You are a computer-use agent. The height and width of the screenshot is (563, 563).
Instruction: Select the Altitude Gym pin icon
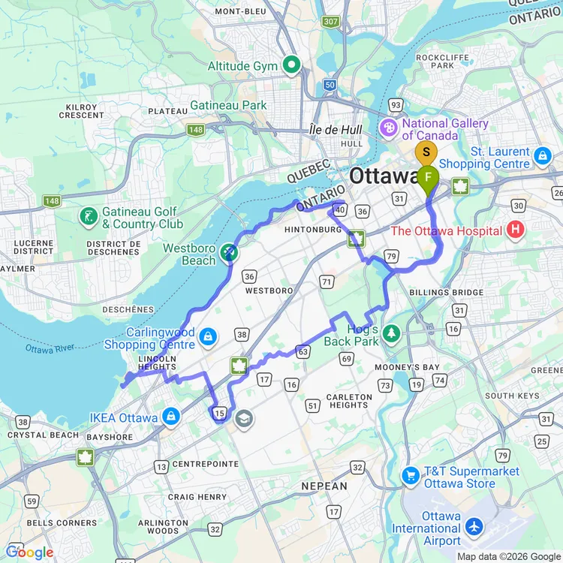click(291, 65)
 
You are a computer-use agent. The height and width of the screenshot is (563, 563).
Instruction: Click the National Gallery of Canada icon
click(389, 128)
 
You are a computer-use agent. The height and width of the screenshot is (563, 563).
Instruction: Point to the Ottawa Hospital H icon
click(515, 230)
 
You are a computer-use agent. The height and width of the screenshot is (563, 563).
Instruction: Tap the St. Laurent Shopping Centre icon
click(543, 157)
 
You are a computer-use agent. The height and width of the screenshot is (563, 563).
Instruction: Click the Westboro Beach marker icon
click(229, 254)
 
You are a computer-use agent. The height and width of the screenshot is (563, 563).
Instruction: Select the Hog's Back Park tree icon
click(390, 331)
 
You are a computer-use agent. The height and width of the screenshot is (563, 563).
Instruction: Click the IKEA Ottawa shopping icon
click(171, 417)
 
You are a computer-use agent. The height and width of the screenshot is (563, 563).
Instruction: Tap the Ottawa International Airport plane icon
click(474, 528)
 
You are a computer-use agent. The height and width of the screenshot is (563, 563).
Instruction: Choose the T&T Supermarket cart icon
click(410, 476)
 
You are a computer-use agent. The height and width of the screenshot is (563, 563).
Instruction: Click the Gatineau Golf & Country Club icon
click(89, 218)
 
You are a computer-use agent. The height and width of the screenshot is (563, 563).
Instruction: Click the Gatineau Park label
click(228, 106)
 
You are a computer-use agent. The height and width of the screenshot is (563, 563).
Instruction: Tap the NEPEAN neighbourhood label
click(324, 486)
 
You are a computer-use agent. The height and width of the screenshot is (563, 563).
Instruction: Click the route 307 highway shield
click(330, 22)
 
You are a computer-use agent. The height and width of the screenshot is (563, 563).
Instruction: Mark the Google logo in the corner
click(30, 552)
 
